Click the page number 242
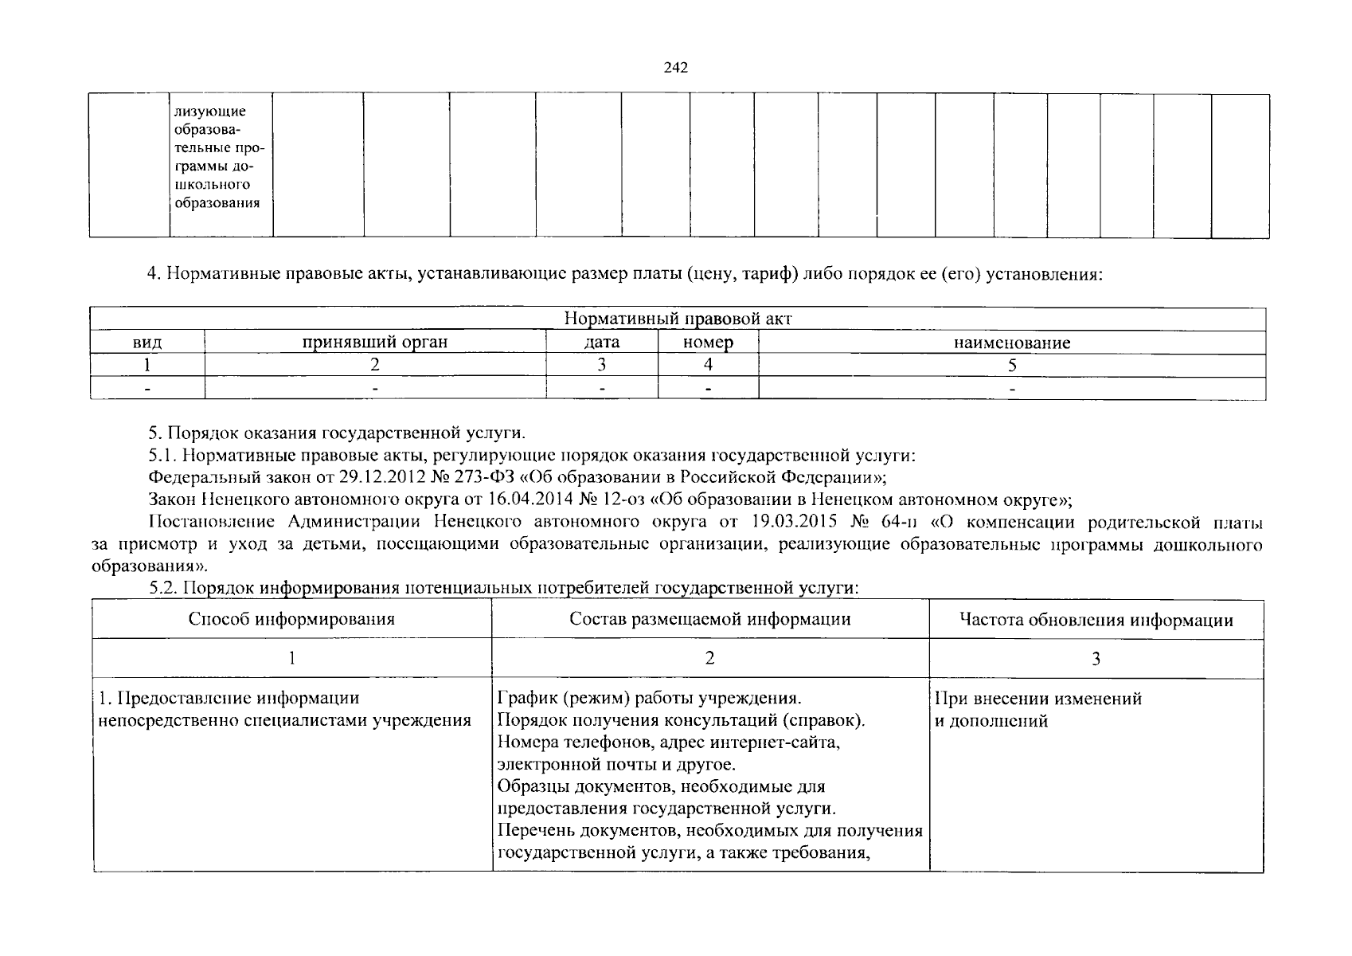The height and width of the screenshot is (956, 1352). coord(675,68)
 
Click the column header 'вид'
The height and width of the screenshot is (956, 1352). coord(147,343)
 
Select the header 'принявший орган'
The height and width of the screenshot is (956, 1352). coord(374,343)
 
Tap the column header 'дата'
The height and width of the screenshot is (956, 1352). coord(602,343)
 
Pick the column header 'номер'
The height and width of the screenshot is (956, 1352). coord(708,343)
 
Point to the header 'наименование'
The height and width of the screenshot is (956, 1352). coord(1012,343)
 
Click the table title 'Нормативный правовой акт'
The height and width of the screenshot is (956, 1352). coord(678,319)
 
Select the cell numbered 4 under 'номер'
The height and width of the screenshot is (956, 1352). coord(708,366)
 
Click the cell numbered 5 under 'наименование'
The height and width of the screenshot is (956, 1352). coord(1012,366)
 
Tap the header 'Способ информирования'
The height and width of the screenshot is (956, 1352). coord(291,619)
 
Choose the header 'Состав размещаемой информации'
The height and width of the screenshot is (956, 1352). coord(709,619)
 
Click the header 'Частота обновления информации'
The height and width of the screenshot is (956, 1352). coord(1096,620)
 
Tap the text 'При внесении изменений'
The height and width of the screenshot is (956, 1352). coord(1038,699)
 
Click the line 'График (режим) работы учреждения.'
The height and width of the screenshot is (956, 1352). coord(649,699)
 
